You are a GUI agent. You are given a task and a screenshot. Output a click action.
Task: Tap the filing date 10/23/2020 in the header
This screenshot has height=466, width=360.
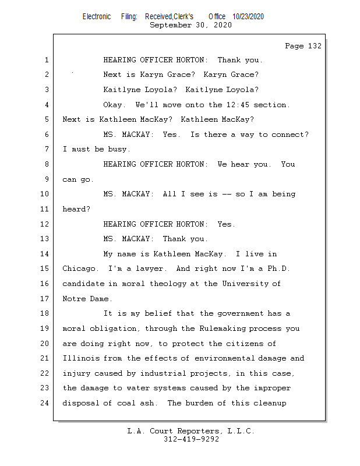[248, 17]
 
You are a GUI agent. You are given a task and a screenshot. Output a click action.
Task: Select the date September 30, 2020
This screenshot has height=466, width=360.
[190, 25]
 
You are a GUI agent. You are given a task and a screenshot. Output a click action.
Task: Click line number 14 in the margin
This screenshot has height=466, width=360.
[45, 254]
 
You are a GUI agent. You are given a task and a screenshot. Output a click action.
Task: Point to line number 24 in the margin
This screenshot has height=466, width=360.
[45, 403]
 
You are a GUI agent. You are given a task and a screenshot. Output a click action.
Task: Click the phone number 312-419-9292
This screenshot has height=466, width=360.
[190, 440]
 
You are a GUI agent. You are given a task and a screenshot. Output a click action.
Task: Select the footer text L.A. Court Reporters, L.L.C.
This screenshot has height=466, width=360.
[190, 432]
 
